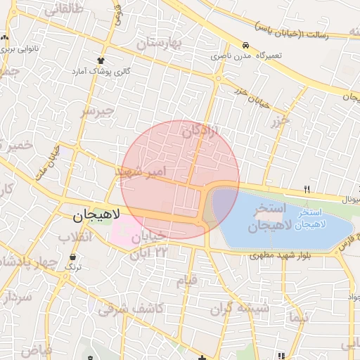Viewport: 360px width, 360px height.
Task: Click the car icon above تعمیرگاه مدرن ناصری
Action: click(x=245, y=44)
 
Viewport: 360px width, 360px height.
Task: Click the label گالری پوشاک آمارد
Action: click(x=101, y=72)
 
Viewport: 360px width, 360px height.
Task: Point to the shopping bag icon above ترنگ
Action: click(x=73, y=256)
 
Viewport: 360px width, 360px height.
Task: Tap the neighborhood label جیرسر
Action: click(x=97, y=111)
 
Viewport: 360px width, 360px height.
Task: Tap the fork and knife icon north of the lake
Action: click(x=307, y=189)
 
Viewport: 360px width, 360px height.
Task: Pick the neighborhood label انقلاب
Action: click(x=75, y=236)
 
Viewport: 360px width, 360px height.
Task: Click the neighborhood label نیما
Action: click(x=298, y=318)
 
